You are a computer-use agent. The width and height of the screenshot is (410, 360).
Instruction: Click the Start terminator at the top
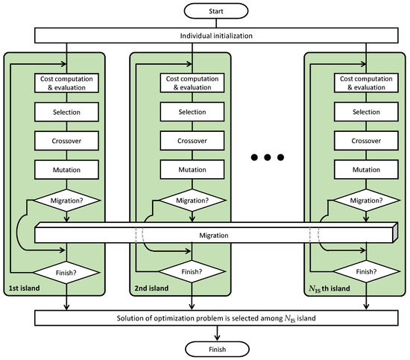205,11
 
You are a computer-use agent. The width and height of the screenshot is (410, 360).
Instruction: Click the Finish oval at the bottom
205,347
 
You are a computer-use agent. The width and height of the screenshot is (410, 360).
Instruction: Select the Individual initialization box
205,37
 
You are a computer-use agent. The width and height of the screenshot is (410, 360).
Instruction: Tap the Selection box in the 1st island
68,112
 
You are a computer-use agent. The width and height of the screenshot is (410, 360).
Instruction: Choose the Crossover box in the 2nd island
193,141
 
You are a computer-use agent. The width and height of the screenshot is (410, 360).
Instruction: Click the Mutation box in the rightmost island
366,169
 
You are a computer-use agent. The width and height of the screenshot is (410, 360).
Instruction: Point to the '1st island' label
25,288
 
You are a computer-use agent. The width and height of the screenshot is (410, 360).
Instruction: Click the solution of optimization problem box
205,319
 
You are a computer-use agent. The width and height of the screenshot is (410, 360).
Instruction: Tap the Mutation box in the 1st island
68,169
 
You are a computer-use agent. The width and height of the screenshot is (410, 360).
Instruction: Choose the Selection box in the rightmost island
366,112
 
